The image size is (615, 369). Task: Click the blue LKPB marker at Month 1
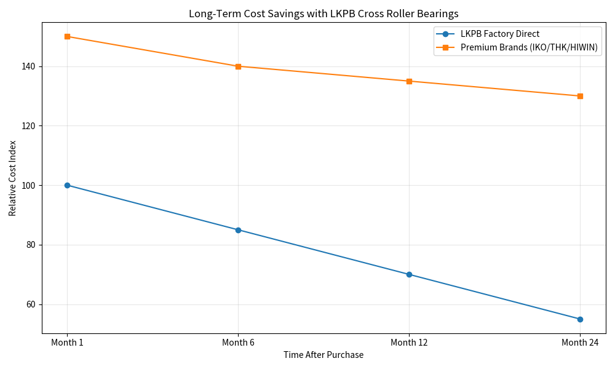click(67, 186)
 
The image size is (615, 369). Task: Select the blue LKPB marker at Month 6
click(238, 230)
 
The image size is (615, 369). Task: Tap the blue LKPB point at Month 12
click(409, 274)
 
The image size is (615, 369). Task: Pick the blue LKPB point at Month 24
click(580, 319)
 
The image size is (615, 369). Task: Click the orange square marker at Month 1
click(67, 36)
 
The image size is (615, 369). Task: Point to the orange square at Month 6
click(238, 66)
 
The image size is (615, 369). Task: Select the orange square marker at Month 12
click(409, 81)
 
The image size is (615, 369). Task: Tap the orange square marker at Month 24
click(580, 96)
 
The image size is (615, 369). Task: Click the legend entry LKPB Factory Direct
click(499, 34)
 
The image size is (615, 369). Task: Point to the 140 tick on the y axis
click(28, 66)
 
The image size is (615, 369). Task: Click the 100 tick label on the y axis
click(28, 186)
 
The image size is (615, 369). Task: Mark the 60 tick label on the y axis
click(31, 304)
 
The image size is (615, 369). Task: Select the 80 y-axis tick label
click(31, 245)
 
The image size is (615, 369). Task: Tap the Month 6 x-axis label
click(238, 343)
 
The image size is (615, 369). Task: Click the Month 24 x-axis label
click(580, 343)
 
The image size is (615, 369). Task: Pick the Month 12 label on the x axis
click(409, 343)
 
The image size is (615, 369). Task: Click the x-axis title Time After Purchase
click(323, 355)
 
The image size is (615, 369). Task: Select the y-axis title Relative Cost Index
click(12, 178)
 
